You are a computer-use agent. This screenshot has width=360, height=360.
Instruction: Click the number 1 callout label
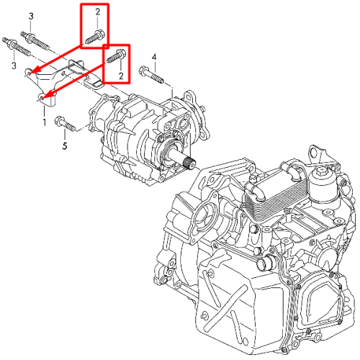pos(45,122)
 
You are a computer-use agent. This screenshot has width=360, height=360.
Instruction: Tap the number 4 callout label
pos(154,58)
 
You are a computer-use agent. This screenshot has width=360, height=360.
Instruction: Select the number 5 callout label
pos(65,145)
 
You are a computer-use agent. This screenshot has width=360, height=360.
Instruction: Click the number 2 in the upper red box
pos(98,12)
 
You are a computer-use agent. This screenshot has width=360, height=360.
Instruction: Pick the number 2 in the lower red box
pos(121,76)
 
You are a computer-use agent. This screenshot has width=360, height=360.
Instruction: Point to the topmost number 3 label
pos(31,17)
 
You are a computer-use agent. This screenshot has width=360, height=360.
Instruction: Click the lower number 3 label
pos(14,66)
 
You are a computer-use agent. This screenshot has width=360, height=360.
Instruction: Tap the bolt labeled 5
pos(65,124)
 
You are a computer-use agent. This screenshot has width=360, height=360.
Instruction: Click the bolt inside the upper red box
pos(94,37)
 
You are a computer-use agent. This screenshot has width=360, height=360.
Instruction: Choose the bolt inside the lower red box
pos(115,56)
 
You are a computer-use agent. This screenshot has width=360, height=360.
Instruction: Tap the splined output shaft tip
pos(190,164)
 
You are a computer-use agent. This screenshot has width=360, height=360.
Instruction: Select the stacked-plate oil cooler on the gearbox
pos(276,195)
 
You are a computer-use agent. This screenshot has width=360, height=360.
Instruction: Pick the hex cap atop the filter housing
pos(321,171)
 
